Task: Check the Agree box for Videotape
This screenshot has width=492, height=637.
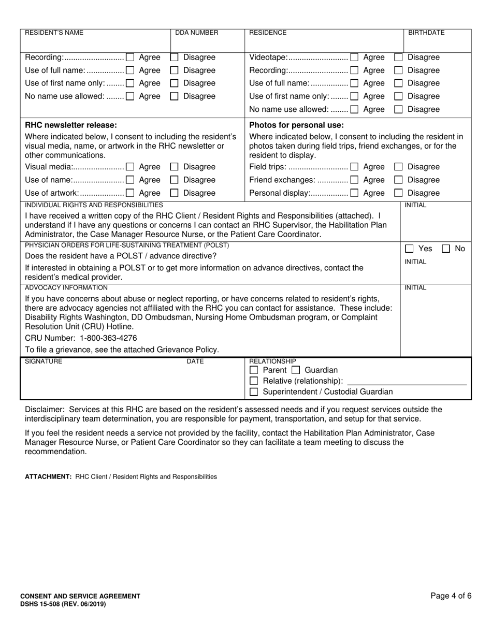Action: [354, 57]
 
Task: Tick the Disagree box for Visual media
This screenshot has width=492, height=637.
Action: [175, 167]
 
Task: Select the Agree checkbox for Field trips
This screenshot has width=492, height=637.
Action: [354, 167]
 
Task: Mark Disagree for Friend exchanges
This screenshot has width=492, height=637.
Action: [399, 180]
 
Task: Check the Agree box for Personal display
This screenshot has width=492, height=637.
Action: [354, 193]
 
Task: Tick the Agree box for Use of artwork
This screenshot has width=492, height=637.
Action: [130, 193]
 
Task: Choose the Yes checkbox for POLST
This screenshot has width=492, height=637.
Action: [409, 249]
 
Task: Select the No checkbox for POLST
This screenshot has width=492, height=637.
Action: [445, 249]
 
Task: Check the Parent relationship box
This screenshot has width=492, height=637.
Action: [254, 370]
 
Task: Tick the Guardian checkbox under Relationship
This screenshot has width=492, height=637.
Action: [295, 370]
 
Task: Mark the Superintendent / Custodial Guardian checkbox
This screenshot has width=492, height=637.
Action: [254, 392]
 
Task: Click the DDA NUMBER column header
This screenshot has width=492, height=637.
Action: [197, 33]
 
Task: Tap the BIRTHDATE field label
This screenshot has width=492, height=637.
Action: [426, 33]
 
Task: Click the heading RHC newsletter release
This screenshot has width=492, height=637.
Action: [71, 125]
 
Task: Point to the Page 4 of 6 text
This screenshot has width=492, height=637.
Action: [451, 596]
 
